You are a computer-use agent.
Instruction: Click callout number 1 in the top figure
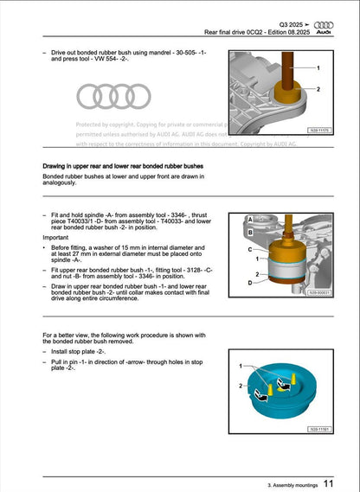[317, 68]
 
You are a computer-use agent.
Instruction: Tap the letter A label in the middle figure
[250, 220]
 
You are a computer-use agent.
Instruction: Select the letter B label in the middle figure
[250, 233]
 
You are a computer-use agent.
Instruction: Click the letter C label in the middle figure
[250, 248]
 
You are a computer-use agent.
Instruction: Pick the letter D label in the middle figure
[250, 283]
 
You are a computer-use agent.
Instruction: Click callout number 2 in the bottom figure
[241, 387]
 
